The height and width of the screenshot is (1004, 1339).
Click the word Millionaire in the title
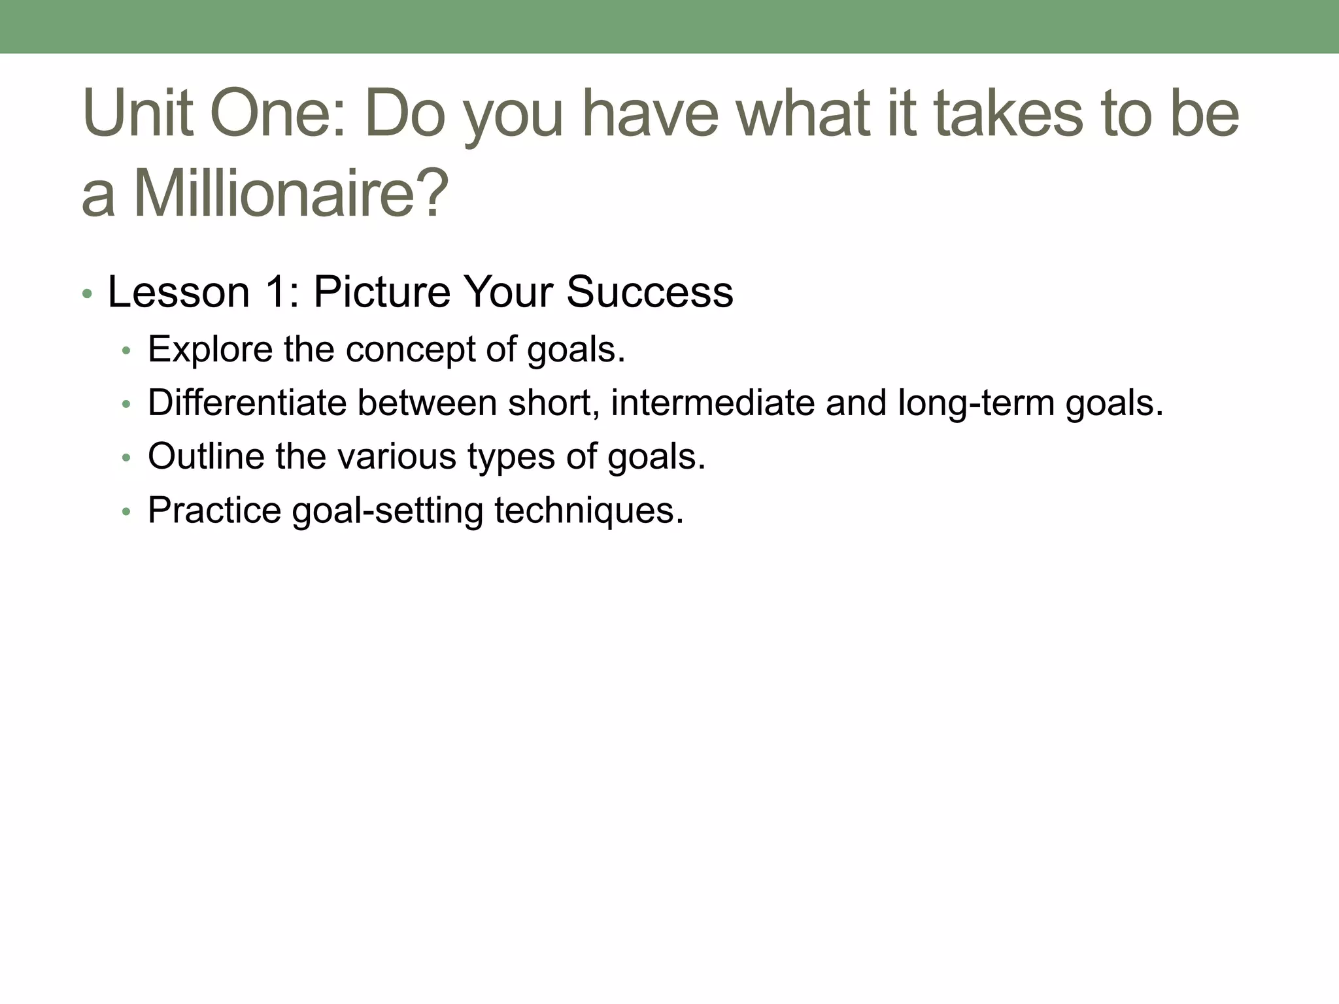point(291,194)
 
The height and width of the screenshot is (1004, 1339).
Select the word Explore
point(210,350)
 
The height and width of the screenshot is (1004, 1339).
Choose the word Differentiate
point(246,403)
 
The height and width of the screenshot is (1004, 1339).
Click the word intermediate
point(712,403)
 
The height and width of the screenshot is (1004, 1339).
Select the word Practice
point(214,510)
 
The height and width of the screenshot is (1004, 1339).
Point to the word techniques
point(588,510)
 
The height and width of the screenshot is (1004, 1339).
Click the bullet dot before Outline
point(126,458)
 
